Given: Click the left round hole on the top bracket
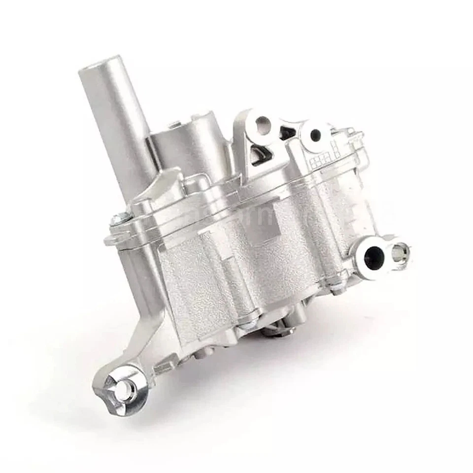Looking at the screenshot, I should click(x=262, y=123).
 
